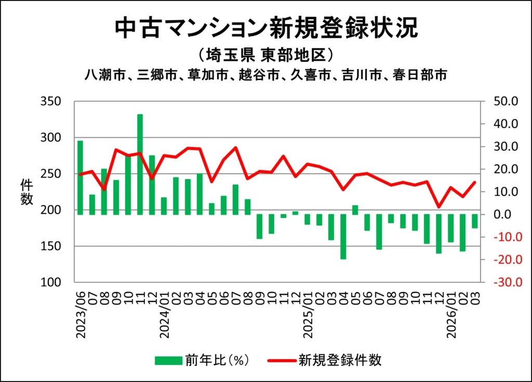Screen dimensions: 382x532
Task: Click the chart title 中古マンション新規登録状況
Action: click(265, 29)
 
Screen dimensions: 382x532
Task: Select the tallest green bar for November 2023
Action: click(140, 164)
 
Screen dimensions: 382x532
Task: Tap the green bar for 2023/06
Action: click(80, 177)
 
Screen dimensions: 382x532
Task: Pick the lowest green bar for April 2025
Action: click(343, 236)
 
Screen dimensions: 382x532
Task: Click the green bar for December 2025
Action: click(438, 234)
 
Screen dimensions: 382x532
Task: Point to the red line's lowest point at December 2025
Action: click(438, 207)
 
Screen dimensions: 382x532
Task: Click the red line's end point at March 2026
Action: click(474, 182)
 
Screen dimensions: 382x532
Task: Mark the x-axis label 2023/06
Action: click(81, 314)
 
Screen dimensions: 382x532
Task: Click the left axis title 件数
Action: click(27, 192)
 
